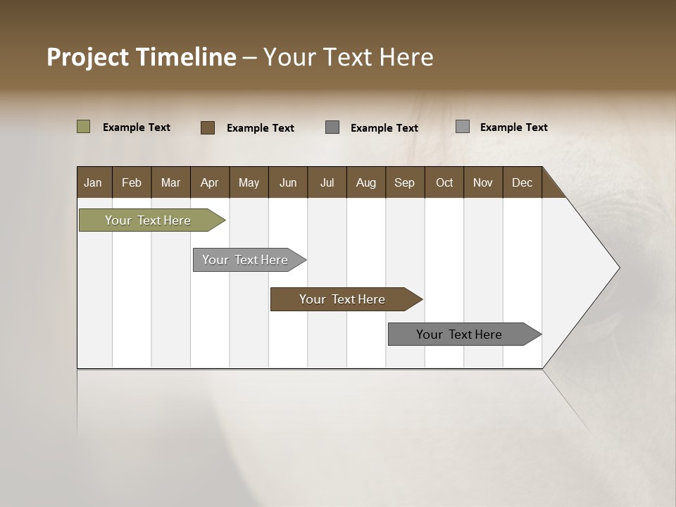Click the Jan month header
coord(93,182)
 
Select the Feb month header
coord(132,182)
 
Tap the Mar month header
coord(170,182)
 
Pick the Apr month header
coord(209,182)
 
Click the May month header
coord(249,182)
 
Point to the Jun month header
coord(288,182)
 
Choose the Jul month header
coord(327,182)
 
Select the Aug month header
coord(366,182)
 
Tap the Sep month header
coord(404,182)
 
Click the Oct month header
coord(444,182)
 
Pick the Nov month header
coord(483,182)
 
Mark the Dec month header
coord(522,182)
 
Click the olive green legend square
coord(84,127)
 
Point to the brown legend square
coord(208,127)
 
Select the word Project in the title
coord(87,57)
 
